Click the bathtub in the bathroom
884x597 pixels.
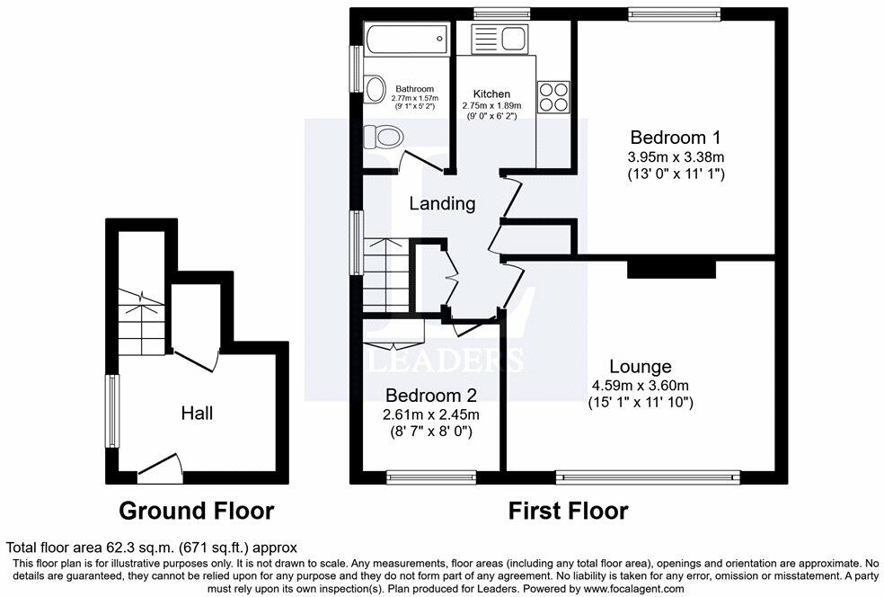point(406,37)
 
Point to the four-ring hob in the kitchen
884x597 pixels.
point(553,96)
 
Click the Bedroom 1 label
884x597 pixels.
point(675,138)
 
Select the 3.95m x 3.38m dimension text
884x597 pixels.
point(675,156)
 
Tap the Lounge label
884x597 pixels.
point(640,366)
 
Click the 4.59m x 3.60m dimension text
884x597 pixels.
point(640,386)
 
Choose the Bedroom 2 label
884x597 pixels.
point(431,396)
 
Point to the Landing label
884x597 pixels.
point(442,204)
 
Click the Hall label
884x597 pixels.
point(197,413)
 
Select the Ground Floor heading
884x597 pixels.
point(197,512)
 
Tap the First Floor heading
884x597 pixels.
point(568,512)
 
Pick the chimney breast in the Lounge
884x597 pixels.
point(671,268)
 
